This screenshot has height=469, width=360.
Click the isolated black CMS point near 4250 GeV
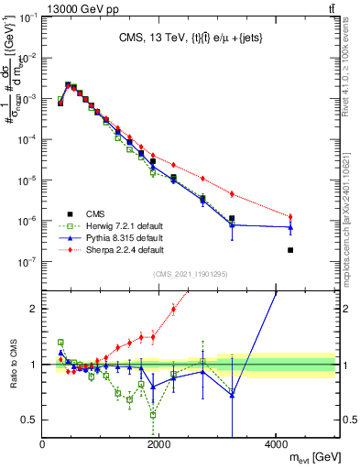tap(290, 250)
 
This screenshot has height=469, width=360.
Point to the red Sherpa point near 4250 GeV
tap(290, 216)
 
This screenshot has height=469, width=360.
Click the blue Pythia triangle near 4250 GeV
tap(290, 227)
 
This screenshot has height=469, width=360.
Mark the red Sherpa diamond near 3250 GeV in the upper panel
tap(232, 194)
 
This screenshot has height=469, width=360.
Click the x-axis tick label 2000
tap(159, 445)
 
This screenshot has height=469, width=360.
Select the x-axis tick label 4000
tap(277, 445)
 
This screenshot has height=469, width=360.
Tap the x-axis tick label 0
tap(42, 445)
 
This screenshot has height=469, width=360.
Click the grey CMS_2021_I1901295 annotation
tap(191, 273)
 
